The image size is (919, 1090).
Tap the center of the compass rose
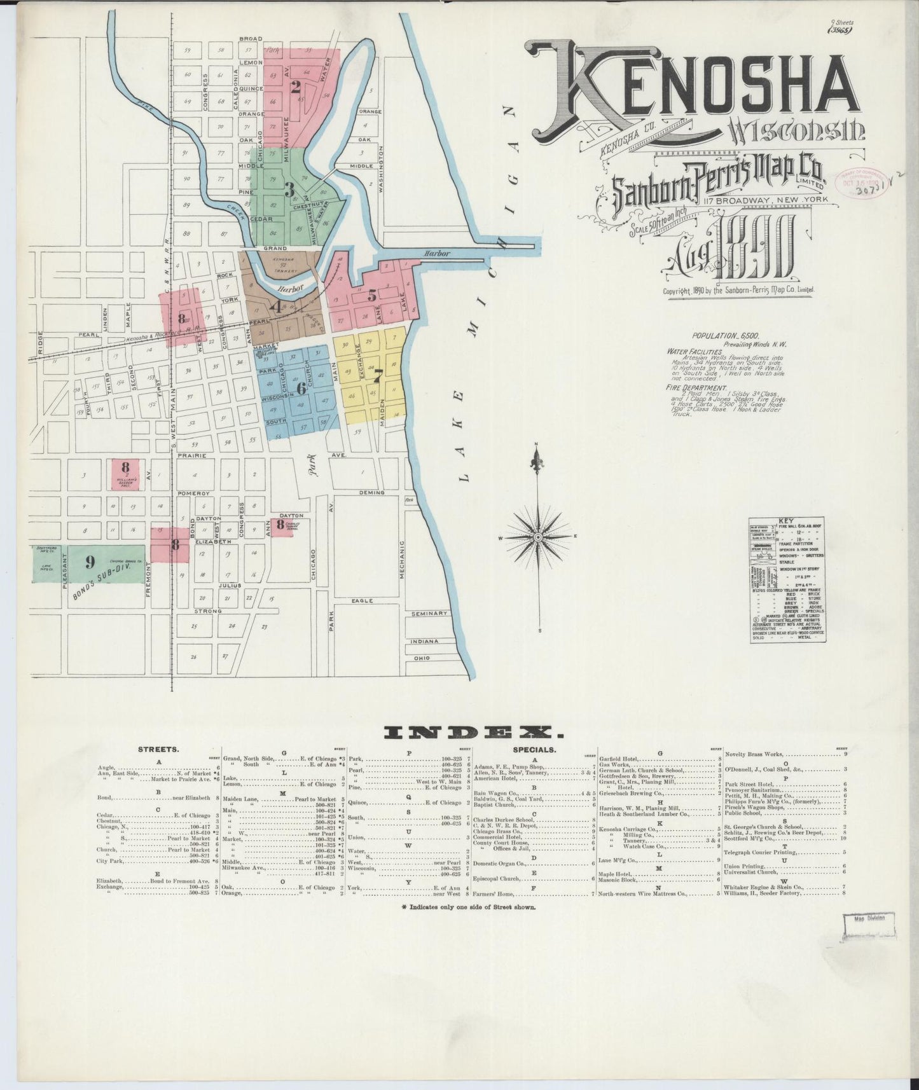pos(538,537)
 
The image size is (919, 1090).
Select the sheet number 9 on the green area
pos(90,562)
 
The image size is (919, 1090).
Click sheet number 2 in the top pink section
pos(295,88)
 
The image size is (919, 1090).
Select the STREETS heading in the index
pos(158,750)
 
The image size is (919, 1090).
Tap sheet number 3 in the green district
pos(289,190)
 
